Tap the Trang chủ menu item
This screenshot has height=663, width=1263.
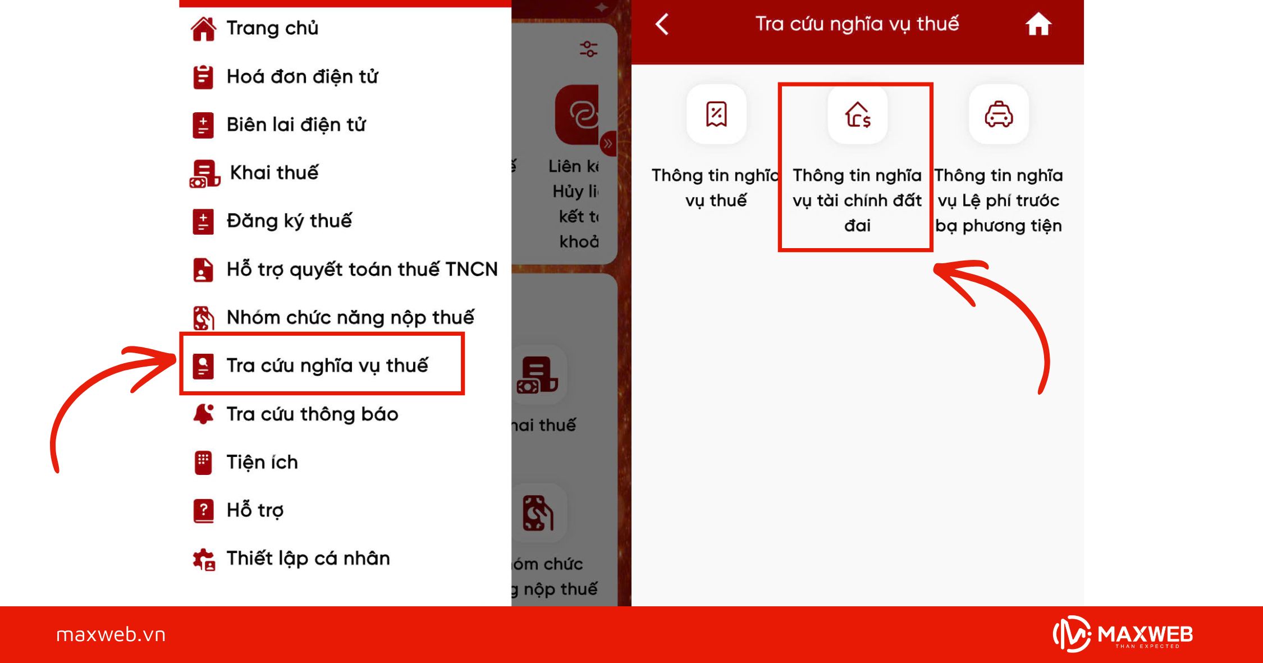point(272,28)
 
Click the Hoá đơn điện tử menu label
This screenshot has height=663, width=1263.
point(302,76)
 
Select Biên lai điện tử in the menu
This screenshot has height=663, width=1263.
point(296,125)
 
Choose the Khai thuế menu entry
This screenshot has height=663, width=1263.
point(274,173)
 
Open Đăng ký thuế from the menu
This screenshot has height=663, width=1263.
point(289,221)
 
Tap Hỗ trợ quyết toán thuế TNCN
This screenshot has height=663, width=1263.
point(361,269)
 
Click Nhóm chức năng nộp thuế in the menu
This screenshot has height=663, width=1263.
point(350,318)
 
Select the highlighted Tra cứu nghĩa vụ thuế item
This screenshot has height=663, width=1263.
point(327,365)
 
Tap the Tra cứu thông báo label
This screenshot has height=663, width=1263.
point(312,414)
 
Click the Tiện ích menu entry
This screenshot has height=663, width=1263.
point(262,463)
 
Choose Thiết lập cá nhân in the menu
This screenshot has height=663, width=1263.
point(308,559)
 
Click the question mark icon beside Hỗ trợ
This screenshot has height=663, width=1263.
point(203,510)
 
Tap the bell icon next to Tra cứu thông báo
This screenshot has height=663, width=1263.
point(203,414)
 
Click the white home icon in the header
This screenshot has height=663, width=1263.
point(1038,25)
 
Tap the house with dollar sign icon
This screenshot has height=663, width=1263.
point(857,115)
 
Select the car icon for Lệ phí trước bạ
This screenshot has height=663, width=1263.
point(999,115)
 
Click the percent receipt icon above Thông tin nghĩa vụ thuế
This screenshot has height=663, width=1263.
point(716,115)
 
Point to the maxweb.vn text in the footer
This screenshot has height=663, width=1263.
point(111,635)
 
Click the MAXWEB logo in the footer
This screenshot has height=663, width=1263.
point(1123,635)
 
